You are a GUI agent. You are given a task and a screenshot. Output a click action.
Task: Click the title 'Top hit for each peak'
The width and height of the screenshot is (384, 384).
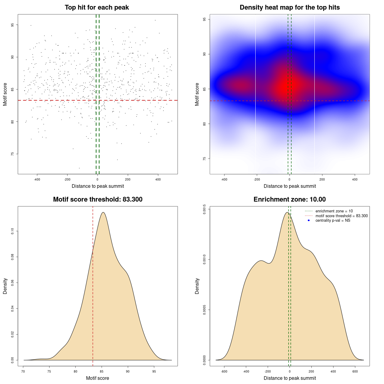[97, 7]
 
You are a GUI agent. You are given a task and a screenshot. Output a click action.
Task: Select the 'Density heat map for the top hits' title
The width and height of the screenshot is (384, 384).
[289, 7]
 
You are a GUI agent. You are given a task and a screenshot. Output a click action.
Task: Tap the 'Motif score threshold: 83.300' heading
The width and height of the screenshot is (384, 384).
[97, 199]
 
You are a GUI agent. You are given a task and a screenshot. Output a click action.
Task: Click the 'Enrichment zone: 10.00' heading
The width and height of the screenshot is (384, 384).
[289, 199]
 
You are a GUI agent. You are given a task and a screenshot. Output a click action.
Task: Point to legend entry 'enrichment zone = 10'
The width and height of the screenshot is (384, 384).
[334, 211]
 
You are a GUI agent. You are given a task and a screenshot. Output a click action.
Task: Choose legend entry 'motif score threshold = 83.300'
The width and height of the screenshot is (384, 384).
[341, 216]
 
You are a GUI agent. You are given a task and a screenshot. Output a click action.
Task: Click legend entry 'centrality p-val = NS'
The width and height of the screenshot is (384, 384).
[333, 220]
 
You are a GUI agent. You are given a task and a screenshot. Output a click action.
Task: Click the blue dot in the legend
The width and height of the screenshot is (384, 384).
[309, 220]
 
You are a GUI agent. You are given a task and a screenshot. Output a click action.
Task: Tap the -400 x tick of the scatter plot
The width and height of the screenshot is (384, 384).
[37, 180]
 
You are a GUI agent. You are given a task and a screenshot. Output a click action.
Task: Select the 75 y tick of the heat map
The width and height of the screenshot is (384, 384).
[204, 158]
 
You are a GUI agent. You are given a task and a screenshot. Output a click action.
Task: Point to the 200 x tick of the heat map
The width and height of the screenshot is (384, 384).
[322, 180]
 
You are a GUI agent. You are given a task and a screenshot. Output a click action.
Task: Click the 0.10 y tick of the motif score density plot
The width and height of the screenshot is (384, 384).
[12, 231]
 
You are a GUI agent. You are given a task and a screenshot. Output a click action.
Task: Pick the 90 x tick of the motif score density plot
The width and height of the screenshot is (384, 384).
[128, 372]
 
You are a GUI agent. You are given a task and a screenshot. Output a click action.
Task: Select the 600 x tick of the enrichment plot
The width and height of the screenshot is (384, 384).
[355, 372]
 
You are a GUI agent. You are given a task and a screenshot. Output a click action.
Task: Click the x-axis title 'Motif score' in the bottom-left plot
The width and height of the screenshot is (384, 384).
[97, 378]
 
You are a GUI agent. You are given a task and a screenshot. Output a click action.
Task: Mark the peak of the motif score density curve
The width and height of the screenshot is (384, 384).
[103, 212]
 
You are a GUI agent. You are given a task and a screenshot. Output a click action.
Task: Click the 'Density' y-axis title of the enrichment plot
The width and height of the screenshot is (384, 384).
[197, 286]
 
